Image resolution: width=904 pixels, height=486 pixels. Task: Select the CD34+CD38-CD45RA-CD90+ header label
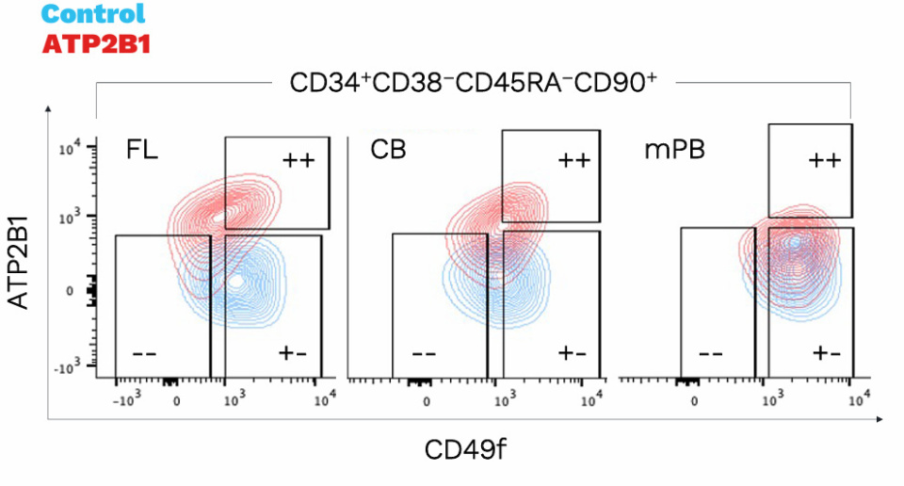(472, 83)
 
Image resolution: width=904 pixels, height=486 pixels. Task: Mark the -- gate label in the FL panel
(144, 354)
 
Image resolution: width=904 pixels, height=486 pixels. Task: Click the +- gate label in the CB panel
(572, 354)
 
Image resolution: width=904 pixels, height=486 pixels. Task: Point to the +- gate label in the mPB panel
(826, 354)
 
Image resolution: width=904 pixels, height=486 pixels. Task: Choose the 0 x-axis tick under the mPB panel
(695, 399)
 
